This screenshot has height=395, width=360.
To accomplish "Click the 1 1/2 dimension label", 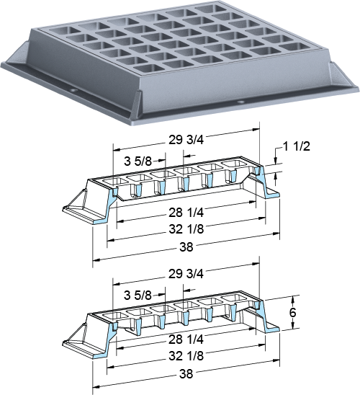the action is click(297, 146).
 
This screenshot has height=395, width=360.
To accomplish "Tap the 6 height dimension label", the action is click(292, 313).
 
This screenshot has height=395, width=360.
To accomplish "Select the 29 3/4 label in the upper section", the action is click(186, 140).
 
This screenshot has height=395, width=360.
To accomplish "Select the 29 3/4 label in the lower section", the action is click(186, 274).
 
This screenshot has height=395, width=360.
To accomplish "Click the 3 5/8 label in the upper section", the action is click(138, 161).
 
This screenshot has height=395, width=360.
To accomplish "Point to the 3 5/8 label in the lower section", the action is click(138, 296).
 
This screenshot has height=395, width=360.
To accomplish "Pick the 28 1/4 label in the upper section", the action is click(186, 213).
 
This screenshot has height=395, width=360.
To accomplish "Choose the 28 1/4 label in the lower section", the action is click(186, 339).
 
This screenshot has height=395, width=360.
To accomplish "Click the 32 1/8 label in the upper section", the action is click(186, 229).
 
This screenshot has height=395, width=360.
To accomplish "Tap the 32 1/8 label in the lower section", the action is click(186, 356).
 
